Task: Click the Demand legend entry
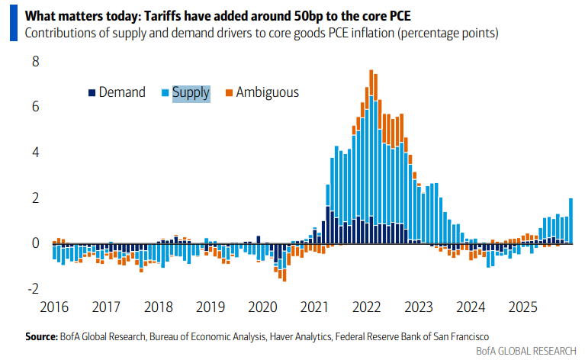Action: (117, 92)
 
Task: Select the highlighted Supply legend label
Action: (190, 92)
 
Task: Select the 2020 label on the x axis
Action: (262, 307)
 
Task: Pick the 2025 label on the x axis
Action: (525, 307)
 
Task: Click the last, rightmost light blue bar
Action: (571, 220)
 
